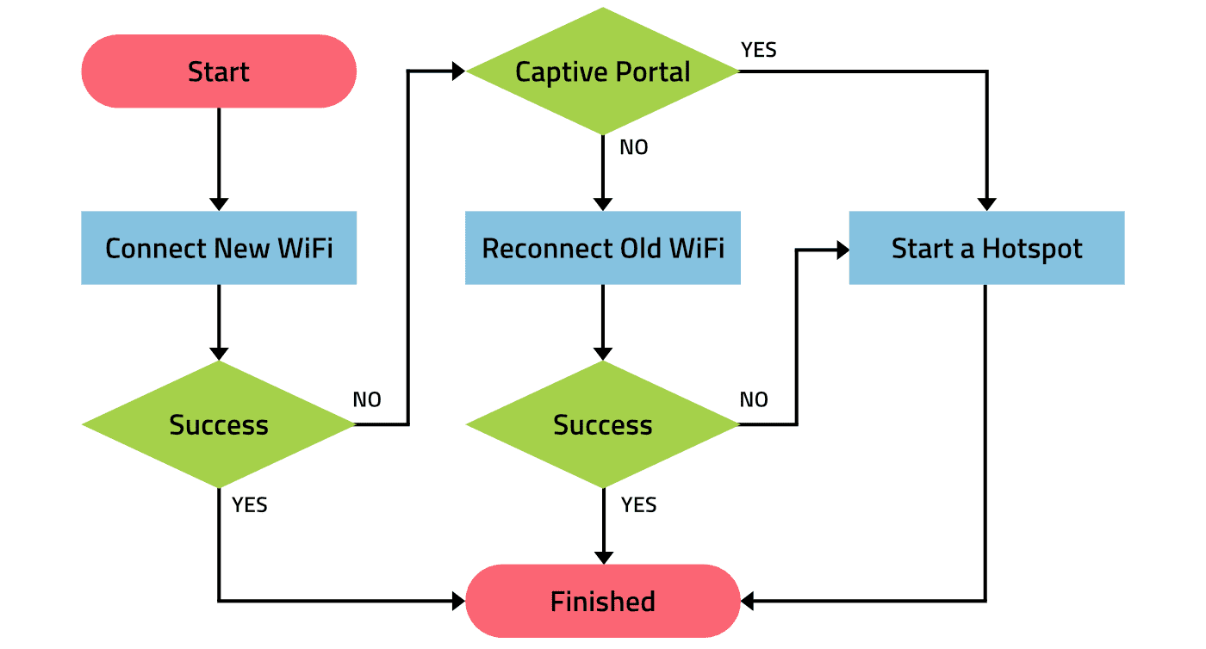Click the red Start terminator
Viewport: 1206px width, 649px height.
tap(219, 71)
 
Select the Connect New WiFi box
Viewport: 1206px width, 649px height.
tap(219, 248)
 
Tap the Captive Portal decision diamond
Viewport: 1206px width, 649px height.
tap(602, 71)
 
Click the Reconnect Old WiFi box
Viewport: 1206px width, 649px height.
tap(602, 248)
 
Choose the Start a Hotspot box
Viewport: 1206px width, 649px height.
tap(986, 248)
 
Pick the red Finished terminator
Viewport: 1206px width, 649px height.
tap(602, 601)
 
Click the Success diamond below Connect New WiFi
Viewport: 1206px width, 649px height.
tap(219, 424)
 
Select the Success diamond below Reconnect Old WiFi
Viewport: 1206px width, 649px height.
tap(602, 424)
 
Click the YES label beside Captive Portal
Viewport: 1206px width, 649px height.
tap(759, 50)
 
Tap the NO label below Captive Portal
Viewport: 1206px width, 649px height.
tap(634, 147)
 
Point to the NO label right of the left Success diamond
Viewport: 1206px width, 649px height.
tap(367, 399)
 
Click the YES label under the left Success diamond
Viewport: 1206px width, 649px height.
tap(249, 504)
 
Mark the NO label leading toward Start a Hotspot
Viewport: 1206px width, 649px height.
tap(754, 399)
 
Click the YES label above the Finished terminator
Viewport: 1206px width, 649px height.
tap(638, 504)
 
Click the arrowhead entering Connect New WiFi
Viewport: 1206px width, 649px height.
tap(219, 205)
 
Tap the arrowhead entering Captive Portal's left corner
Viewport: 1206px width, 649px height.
tap(458, 71)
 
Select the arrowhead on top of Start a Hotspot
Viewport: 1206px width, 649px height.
tap(986, 205)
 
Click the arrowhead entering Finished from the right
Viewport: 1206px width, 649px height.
tap(748, 601)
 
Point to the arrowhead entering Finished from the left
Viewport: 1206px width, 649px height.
tap(458, 601)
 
